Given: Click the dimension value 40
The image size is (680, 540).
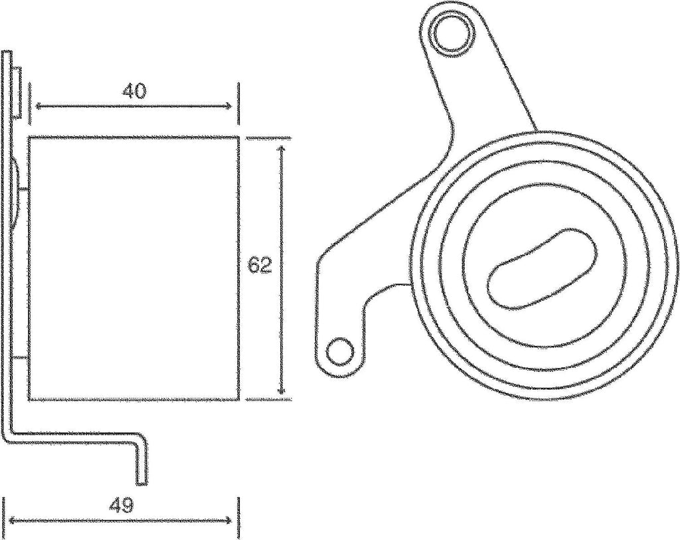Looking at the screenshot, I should [134, 91].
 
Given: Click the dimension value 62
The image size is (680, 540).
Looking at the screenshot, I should [260, 266].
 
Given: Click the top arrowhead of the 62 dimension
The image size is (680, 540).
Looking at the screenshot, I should [284, 147].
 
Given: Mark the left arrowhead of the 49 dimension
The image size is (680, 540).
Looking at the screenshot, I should [9, 521].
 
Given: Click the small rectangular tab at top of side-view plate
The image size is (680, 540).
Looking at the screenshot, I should [18, 91].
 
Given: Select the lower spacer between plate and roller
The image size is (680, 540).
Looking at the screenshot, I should [21, 358].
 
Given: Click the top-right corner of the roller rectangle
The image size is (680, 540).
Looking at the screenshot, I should [238, 137].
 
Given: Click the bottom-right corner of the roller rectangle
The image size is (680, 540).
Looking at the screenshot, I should [238, 400].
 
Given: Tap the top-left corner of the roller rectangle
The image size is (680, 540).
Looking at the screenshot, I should [29, 137].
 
